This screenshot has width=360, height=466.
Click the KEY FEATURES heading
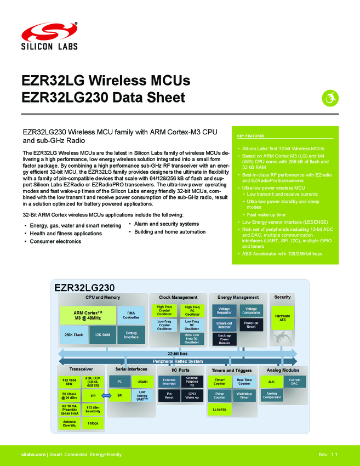[251, 136]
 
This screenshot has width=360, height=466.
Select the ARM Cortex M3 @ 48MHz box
[88, 315]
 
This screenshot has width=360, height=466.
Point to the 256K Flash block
[73, 334]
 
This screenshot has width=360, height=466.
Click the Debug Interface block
[131, 334]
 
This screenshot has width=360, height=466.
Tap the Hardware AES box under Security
[283, 317]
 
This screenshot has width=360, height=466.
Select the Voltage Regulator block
[224, 311]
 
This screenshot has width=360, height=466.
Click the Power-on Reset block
[251, 325]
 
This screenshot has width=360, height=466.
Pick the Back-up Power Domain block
[224, 339]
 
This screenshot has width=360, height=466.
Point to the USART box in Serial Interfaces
[142, 381]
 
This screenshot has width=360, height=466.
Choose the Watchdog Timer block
[244, 395]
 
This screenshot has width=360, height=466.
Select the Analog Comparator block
[272, 395]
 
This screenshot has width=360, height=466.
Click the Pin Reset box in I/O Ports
[169, 395]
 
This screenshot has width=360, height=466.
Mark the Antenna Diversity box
[69, 423]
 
